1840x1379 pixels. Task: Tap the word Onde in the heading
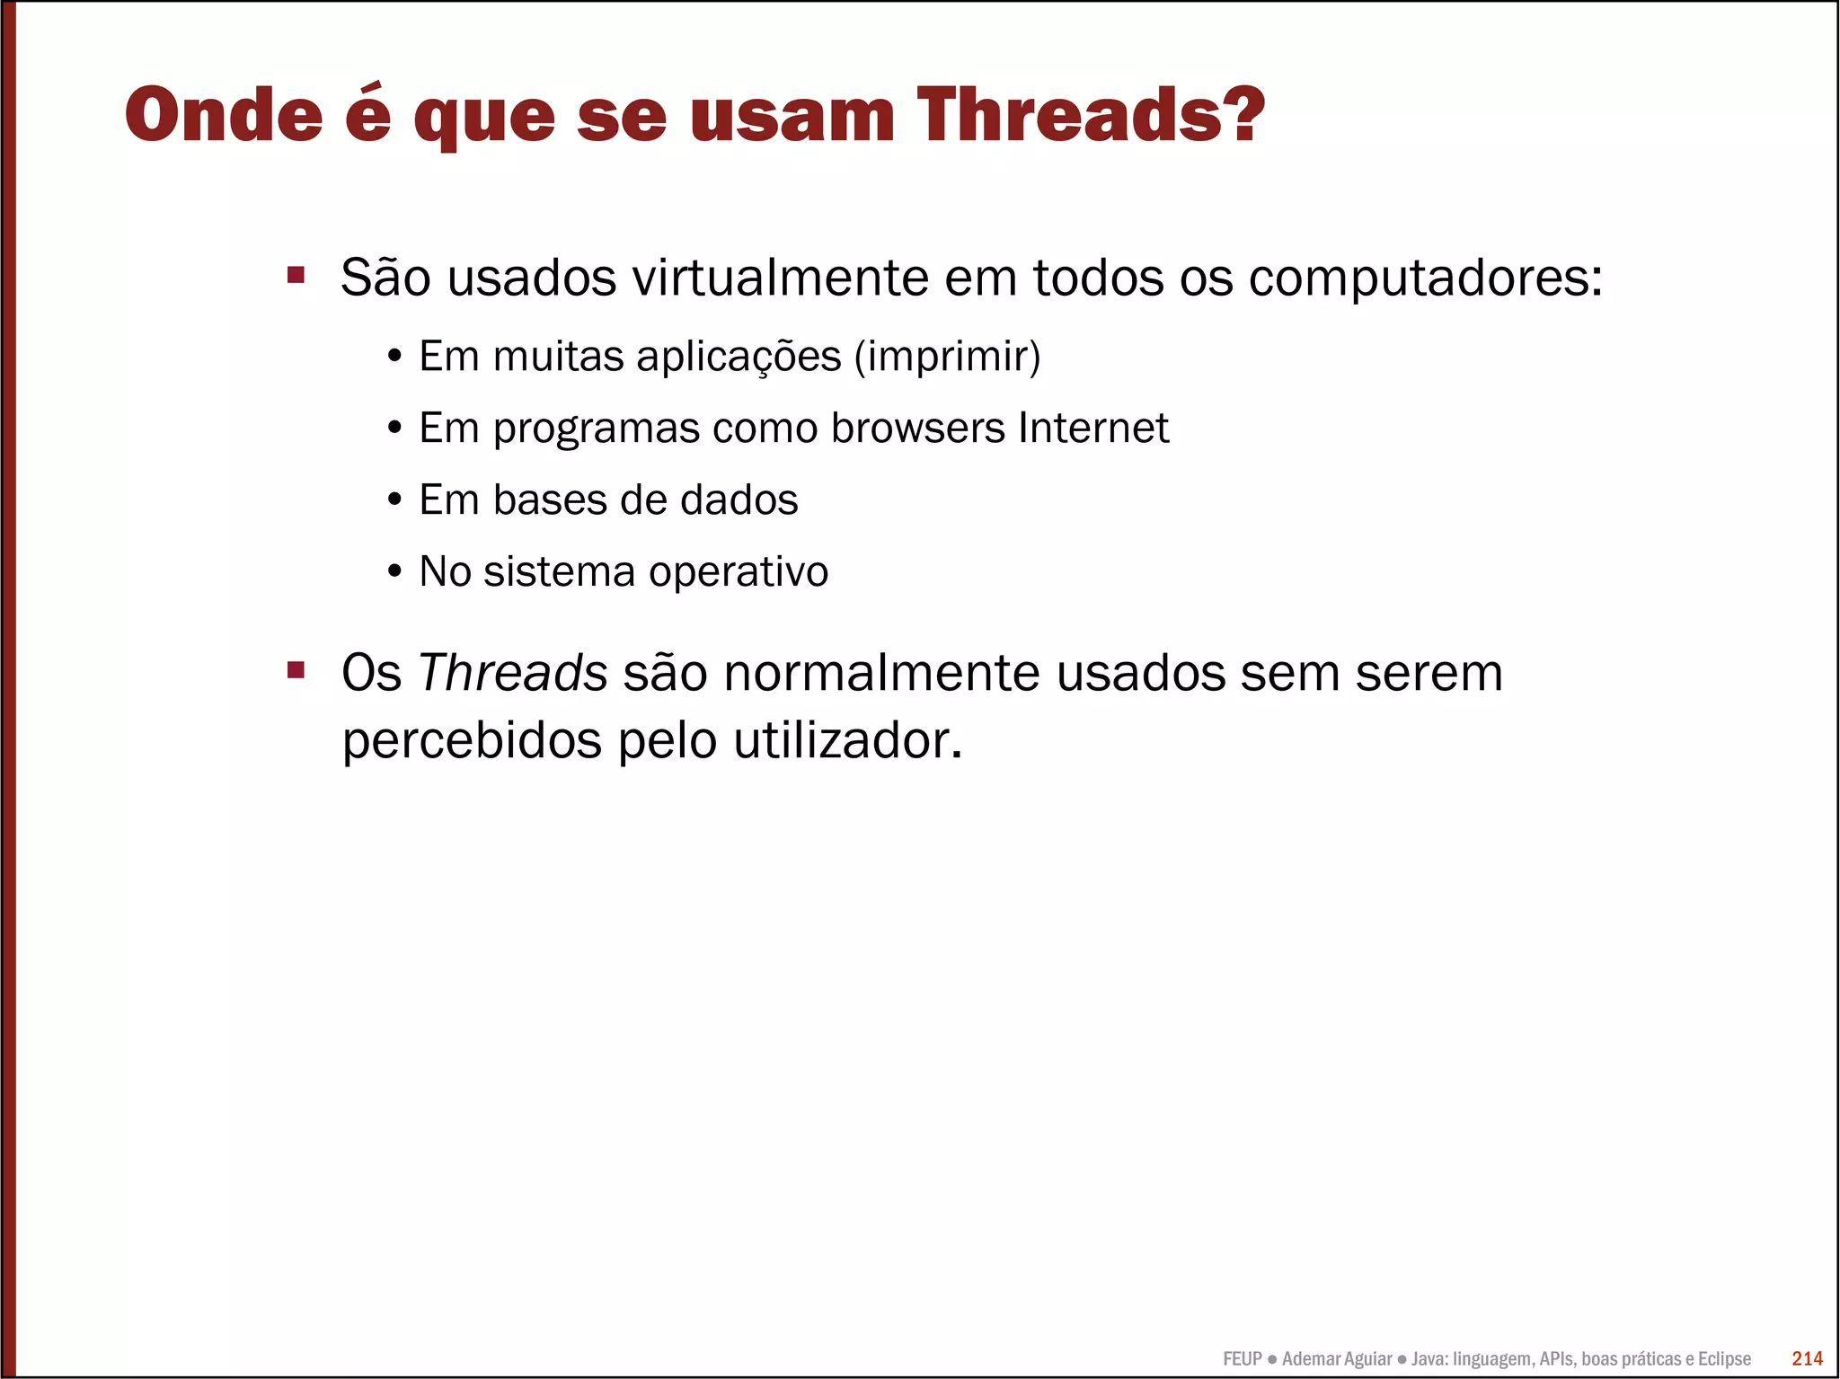(x=224, y=115)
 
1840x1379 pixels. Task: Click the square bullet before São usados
(x=296, y=274)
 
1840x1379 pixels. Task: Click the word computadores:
(x=1425, y=278)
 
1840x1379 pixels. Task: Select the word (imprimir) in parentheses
(x=947, y=357)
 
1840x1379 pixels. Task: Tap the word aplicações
(x=739, y=357)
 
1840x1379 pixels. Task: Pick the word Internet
(x=1093, y=428)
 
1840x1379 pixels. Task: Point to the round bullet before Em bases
(x=394, y=499)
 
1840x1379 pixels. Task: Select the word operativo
(x=739, y=571)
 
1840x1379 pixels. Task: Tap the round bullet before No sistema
(x=394, y=571)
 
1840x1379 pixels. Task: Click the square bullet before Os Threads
(x=296, y=670)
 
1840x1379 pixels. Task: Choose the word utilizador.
(x=847, y=741)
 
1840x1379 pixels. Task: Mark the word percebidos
(x=472, y=741)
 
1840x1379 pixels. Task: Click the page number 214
(x=1807, y=1358)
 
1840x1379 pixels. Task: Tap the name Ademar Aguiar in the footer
(x=1337, y=1358)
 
